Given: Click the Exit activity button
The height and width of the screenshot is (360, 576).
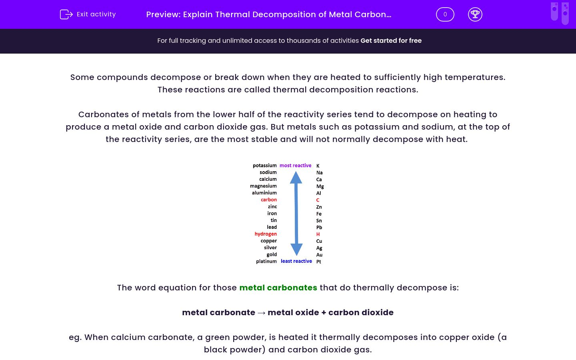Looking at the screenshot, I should tap(88, 14).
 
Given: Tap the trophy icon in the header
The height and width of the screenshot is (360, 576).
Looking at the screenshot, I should tap(475, 14).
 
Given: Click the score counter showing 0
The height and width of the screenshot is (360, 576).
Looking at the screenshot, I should tap(445, 14).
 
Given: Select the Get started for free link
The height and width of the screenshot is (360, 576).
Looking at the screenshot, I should tap(391, 41).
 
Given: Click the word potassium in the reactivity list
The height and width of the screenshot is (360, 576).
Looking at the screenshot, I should tap(264, 166).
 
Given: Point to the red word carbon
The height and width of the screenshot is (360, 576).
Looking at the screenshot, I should tap(269, 200).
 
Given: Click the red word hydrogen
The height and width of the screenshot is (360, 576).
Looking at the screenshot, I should tap(266, 234).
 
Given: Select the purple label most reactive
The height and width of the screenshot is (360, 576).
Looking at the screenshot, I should tap(295, 166).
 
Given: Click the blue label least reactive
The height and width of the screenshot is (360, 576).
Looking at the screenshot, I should tap(296, 261).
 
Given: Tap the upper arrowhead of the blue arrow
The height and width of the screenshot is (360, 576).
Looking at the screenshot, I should tap(296, 177).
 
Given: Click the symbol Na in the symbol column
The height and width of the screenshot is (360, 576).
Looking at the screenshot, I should tap(319, 173).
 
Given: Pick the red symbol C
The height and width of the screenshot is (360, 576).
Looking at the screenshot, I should tap(318, 200).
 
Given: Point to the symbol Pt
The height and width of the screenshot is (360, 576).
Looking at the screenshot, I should tap(319, 262).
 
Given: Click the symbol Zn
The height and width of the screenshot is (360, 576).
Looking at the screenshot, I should tap(319, 207).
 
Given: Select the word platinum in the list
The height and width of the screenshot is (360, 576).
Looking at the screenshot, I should tap(266, 262).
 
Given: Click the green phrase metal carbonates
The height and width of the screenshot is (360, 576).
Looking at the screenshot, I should tap(278, 288).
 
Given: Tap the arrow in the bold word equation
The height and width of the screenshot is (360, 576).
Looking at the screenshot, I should tap(261, 313).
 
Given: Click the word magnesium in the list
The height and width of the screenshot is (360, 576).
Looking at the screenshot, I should tap(263, 186).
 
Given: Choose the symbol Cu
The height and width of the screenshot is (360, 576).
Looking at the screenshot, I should tap(319, 241).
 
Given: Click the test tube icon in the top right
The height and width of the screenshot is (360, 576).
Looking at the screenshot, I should tap(560, 13).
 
